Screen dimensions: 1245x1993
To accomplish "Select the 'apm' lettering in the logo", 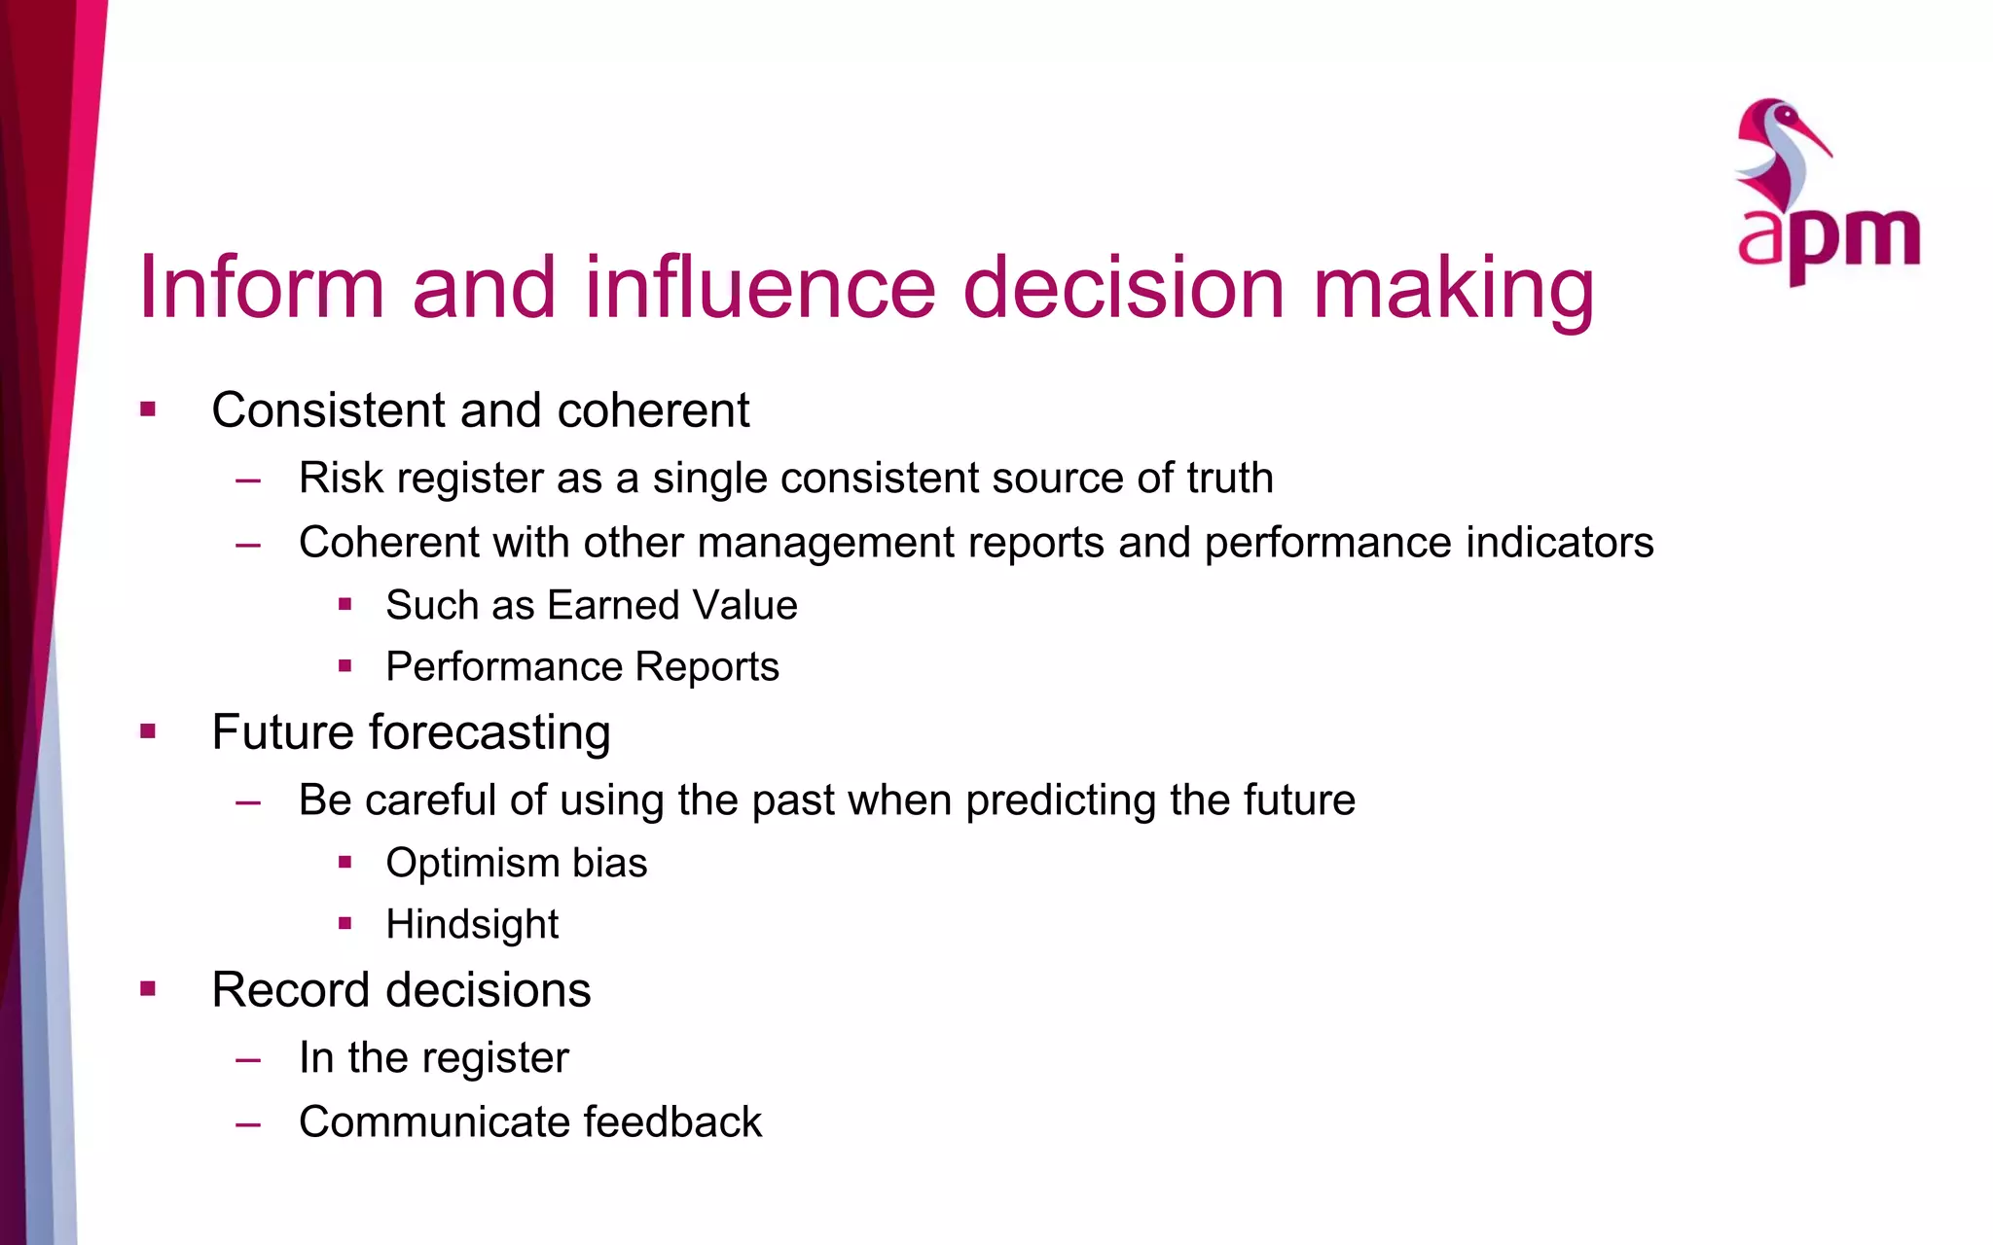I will pos(1829,238).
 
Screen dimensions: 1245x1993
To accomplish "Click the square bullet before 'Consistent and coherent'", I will pos(148,409).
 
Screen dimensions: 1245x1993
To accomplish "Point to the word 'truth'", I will pos(1230,478).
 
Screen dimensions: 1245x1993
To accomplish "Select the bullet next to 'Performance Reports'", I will pos(344,666).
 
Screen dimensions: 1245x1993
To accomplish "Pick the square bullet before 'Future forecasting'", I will pos(148,731).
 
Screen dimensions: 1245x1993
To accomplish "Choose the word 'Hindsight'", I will pos(472,924).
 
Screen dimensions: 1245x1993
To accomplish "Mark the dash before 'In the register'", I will pos(248,1059).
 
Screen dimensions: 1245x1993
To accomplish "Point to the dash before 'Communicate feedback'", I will pos(248,1123).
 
